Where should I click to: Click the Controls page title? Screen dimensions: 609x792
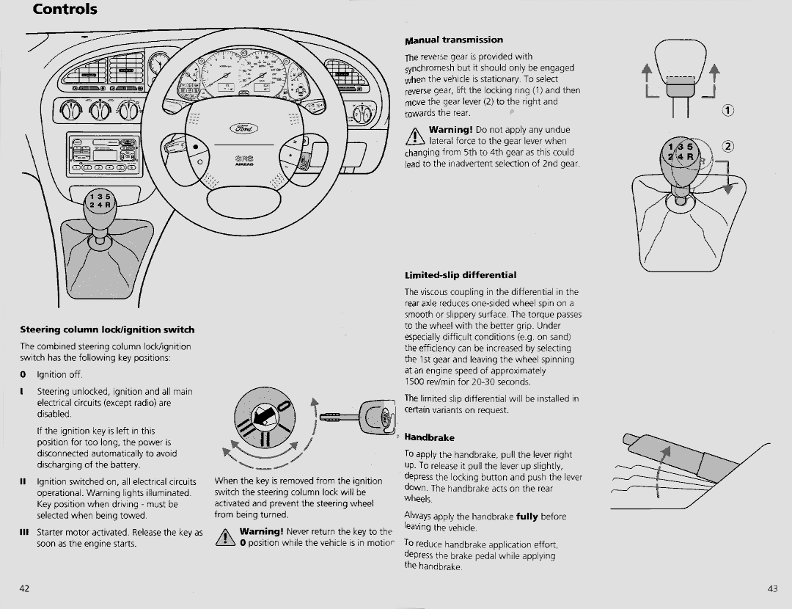65,10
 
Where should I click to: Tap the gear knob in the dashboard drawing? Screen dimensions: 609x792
98,202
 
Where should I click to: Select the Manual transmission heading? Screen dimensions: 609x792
454,40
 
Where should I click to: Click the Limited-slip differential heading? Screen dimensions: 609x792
461,276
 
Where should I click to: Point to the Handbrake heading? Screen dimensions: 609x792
430,438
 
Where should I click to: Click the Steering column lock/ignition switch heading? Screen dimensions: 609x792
107,329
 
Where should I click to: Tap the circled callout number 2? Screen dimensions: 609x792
727,145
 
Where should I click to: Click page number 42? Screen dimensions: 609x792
24,588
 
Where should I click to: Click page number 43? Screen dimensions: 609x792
772,588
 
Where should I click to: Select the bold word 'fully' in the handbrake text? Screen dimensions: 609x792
527,517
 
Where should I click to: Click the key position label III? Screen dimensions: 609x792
23,533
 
